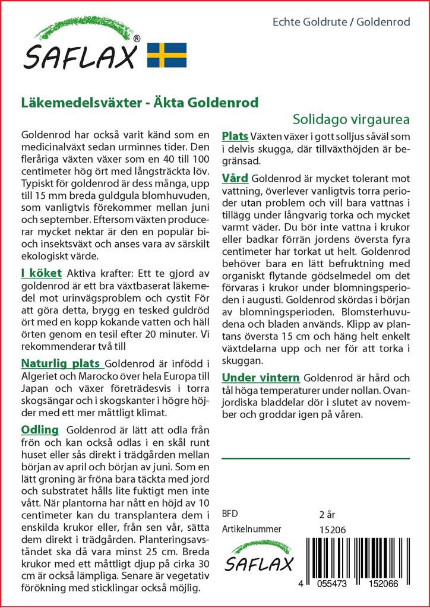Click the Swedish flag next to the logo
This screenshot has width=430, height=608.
(167, 55)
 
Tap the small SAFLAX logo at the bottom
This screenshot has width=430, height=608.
(258, 556)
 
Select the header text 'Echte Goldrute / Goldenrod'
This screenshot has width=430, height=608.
(341, 23)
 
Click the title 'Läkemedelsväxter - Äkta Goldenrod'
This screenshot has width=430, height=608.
(140, 102)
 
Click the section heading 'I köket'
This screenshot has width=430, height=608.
(41, 273)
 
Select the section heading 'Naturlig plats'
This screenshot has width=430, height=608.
(61, 364)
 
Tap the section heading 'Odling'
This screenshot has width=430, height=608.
(40, 430)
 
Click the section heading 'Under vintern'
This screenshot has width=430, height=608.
(260, 378)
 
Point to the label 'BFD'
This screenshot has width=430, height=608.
(229, 514)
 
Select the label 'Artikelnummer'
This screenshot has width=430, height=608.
(251, 529)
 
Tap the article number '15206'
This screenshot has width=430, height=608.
(332, 530)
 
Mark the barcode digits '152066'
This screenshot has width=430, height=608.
(384, 584)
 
